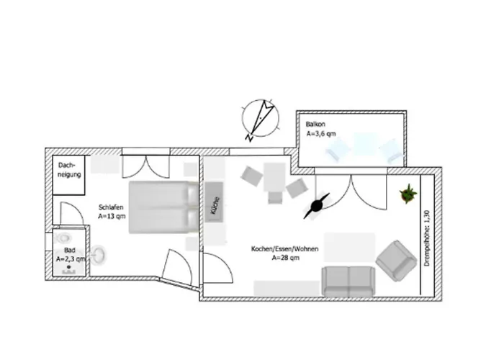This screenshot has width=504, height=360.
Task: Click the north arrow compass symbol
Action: tap(261, 119)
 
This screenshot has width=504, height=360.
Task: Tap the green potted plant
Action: tap(408, 194)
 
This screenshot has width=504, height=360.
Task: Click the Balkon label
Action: tap(315, 124)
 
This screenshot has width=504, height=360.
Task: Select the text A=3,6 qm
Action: tap(321, 133)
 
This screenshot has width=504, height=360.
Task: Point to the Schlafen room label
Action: tap(111, 207)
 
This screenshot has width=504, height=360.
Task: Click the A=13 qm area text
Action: tap(112, 216)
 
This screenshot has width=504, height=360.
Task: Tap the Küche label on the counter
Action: tap(215, 205)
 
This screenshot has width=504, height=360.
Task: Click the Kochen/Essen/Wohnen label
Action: tap(285, 249)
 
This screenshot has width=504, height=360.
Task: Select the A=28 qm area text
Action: tap(286, 258)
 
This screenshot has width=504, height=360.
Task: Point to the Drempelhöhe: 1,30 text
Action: tap(427, 238)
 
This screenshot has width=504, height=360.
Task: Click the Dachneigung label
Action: tap(69, 170)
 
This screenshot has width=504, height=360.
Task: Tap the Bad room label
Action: tap(69, 250)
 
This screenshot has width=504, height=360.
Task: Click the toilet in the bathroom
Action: tap(63, 238)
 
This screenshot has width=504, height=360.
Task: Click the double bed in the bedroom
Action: tap(164, 207)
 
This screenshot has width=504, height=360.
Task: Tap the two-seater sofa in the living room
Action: tap(348, 282)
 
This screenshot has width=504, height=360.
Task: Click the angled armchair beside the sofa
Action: tap(396, 261)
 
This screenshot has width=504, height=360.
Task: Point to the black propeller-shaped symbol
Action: tap(316, 206)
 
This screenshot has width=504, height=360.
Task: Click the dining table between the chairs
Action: tap(274, 177)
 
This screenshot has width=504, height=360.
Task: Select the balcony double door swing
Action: tap(351, 192)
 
